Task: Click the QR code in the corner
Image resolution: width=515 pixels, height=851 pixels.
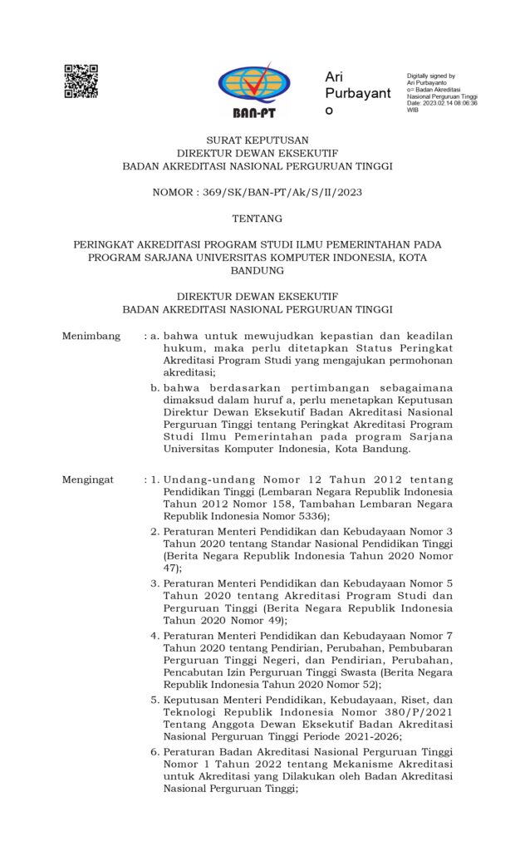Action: tap(81, 81)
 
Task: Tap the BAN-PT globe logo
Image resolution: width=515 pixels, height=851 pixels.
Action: tap(254, 86)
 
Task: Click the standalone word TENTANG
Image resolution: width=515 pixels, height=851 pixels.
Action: tap(257, 219)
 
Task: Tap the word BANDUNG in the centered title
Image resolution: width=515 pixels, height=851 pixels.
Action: tap(257, 271)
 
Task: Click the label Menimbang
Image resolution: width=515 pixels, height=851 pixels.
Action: tap(91, 337)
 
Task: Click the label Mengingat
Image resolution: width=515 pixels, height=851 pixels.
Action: tap(91, 480)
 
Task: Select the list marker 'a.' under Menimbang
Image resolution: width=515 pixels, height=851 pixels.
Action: tap(154, 337)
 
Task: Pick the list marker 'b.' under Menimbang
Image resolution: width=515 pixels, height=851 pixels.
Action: tap(154, 387)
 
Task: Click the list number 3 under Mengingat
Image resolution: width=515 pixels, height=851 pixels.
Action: tap(154, 583)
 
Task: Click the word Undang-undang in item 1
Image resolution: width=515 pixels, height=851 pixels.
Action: tap(204, 480)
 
